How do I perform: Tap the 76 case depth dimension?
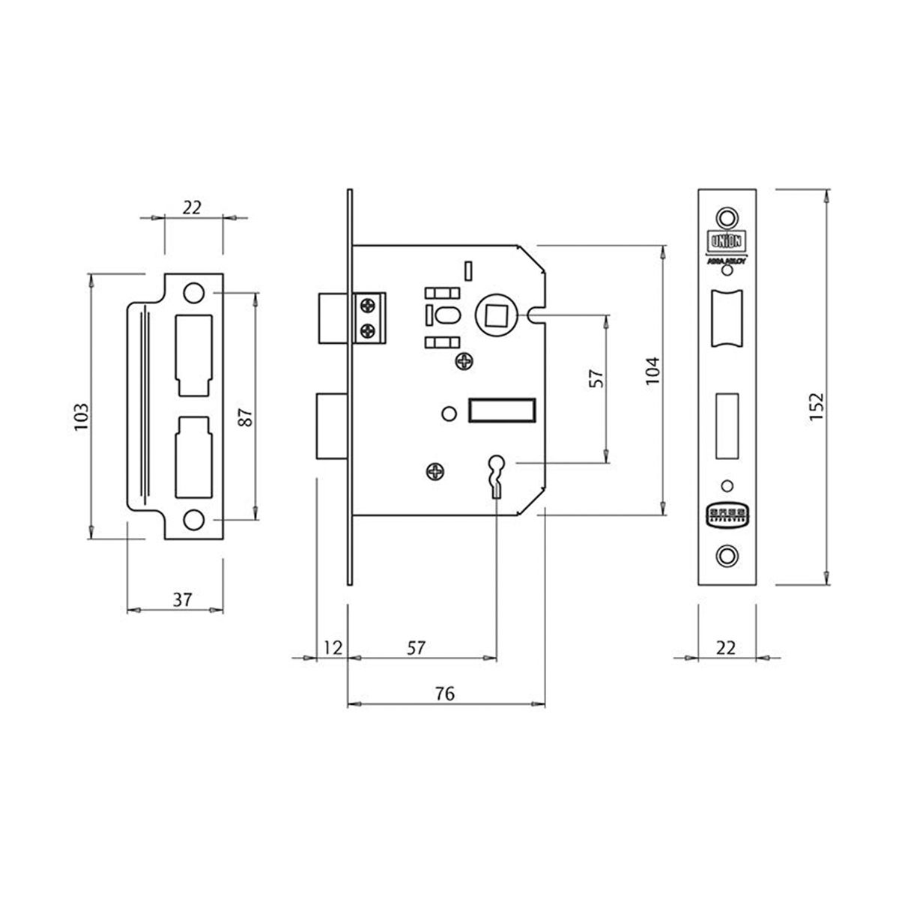pyautogui.click(x=444, y=694)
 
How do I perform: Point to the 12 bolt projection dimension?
pyautogui.click(x=333, y=647)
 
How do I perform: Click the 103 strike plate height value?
pyautogui.click(x=82, y=416)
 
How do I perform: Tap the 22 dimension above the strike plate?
pyautogui.click(x=193, y=208)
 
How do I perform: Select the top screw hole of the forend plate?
pyautogui.click(x=725, y=217)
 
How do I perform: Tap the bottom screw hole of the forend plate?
pyautogui.click(x=725, y=555)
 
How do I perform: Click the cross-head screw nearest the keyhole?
pyautogui.click(x=436, y=471)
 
